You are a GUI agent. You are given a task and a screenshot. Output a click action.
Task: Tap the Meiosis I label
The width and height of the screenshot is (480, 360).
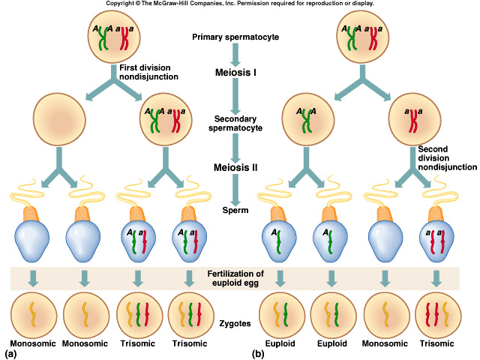(x=236, y=73)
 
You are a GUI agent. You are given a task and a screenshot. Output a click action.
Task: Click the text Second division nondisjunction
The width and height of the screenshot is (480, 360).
(x=447, y=157)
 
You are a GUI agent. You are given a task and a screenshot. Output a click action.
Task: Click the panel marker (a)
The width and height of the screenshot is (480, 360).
(x=11, y=352)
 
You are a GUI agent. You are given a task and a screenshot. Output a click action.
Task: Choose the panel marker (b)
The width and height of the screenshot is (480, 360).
(x=257, y=352)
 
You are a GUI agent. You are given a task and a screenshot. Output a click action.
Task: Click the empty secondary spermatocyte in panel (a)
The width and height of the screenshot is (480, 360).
(x=59, y=120)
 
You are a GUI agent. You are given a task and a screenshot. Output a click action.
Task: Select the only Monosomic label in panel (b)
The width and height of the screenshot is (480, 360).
(x=385, y=345)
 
